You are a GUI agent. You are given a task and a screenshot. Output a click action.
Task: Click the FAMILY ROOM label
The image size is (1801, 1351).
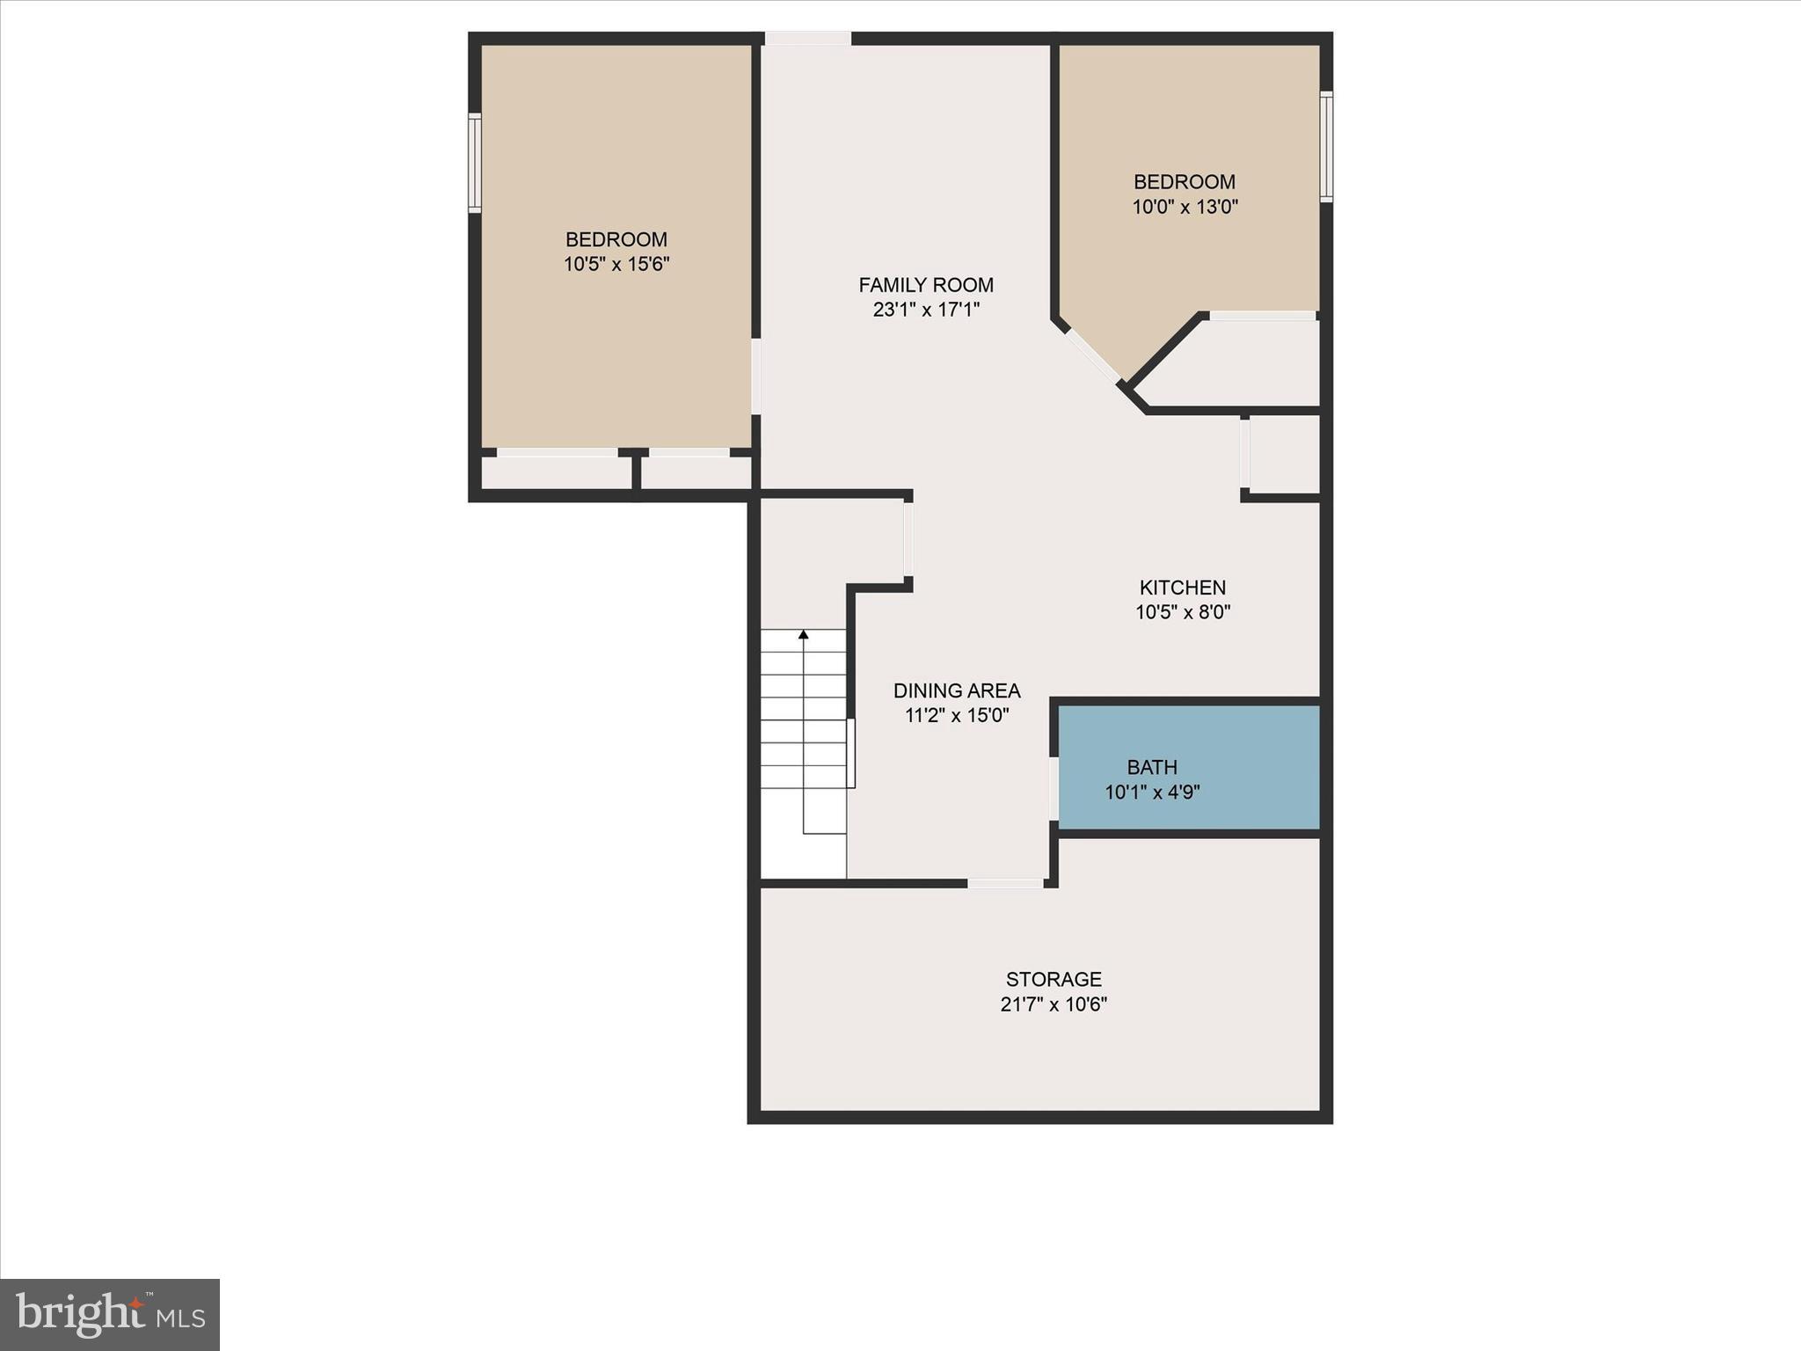[x=926, y=285]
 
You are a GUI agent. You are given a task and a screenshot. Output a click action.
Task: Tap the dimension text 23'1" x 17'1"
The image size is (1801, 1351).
[x=926, y=310]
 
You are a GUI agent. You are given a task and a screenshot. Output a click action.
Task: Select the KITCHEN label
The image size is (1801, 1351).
[x=1183, y=588]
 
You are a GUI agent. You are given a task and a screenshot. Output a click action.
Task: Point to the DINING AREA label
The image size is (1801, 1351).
[x=957, y=690]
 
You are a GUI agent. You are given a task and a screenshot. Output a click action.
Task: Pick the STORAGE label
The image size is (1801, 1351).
[x=1054, y=979]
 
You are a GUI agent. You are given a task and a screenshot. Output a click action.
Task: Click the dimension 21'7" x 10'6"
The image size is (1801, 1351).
[x=1054, y=1004]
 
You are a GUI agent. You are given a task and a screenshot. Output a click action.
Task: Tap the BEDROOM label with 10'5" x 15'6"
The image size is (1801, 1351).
[x=616, y=239]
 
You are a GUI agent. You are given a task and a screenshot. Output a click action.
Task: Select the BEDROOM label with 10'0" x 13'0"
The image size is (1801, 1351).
[x=1185, y=182]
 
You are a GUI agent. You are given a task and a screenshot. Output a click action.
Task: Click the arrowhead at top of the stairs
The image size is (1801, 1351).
[x=803, y=634]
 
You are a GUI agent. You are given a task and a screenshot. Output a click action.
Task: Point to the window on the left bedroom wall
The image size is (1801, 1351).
[x=475, y=163]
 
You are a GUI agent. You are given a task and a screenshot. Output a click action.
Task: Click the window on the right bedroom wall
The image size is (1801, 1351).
[x=1326, y=147]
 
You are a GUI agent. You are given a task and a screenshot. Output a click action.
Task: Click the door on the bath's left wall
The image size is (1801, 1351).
[x=1054, y=789]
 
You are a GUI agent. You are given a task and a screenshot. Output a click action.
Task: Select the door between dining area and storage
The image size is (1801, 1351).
[x=1005, y=883]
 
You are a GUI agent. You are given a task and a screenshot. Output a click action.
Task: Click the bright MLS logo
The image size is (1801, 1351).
[x=110, y=1314]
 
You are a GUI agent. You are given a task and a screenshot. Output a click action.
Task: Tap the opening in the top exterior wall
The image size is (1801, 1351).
[x=807, y=39]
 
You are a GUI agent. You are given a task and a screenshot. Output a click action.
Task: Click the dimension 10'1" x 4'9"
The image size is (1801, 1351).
[x=1152, y=792]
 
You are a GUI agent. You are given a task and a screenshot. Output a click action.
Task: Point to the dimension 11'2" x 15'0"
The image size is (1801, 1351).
[x=957, y=715]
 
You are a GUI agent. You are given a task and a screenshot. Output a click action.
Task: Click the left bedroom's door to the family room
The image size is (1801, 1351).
[x=756, y=376]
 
